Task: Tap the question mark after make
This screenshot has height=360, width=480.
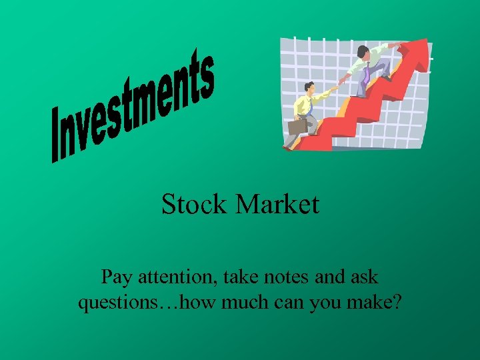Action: tap(397, 303)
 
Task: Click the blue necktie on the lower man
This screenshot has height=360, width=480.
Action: tap(311, 107)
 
